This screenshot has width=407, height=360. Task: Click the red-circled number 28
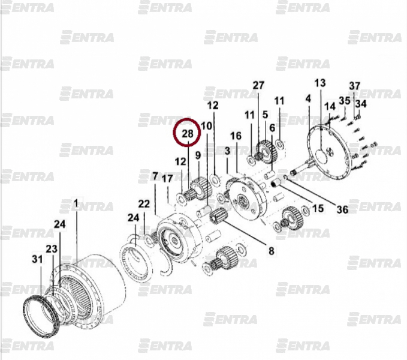[188, 134]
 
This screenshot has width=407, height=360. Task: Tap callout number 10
[207, 126]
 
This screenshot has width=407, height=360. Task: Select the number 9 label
[198, 155]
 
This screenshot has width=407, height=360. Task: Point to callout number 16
[236, 136]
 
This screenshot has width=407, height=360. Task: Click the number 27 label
[258, 85]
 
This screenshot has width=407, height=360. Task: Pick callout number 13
[320, 83]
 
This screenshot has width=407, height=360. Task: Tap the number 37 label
[355, 86]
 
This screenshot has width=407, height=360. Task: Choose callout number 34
[361, 104]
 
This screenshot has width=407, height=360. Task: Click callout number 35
[345, 101]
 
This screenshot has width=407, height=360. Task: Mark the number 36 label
[342, 209]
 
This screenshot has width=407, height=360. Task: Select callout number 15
[318, 208]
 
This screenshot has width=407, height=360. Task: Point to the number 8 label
[271, 251]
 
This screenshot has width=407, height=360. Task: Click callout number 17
[167, 178]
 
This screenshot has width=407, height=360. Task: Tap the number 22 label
[144, 204]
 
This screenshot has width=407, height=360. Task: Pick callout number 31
[37, 259]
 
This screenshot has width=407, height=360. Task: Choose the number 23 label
[52, 249]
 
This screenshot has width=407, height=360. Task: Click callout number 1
[76, 203]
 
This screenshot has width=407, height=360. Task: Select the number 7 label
[155, 176]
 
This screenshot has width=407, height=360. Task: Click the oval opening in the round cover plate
[321, 157]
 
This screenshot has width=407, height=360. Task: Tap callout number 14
[330, 106]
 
